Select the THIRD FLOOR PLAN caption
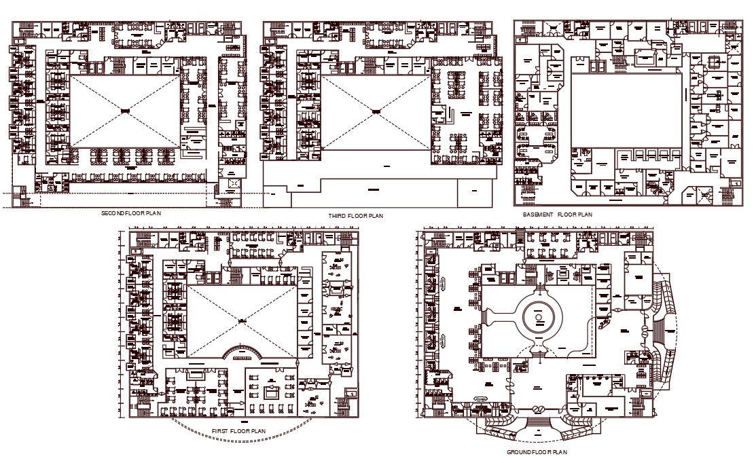pyautogui.click(x=356, y=216)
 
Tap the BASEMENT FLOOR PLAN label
pyautogui.click(x=558, y=215)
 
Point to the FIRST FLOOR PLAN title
pyautogui.click(x=238, y=431)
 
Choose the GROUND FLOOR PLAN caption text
pyautogui.click(x=537, y=451)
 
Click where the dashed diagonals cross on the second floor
pyautogui.click(x=125, y=111)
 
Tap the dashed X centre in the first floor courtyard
pyautogui.click(x=240, y=320)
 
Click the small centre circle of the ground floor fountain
pyautogui.click(x=539, y=317)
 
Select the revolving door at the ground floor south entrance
pyautogui.click(x=538, y=409)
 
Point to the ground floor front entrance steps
pyautogui.click(x=538, y=425)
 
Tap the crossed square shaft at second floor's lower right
pyautogui.click(x=234, y=183)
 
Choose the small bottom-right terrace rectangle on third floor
pyautogui.click(x=474, y=194)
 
